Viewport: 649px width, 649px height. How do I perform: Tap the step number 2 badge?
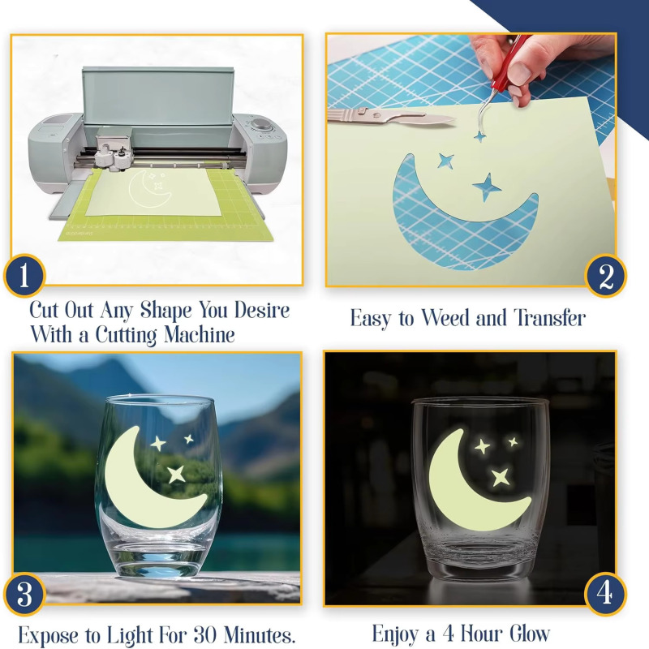606,277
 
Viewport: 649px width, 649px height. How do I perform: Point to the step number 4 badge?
605,595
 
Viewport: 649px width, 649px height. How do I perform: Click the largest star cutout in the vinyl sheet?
488,187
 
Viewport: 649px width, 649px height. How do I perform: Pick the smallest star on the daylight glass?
188,439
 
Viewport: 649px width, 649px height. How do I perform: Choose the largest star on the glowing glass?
500,476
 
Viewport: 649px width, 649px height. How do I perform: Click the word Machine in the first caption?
196,333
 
